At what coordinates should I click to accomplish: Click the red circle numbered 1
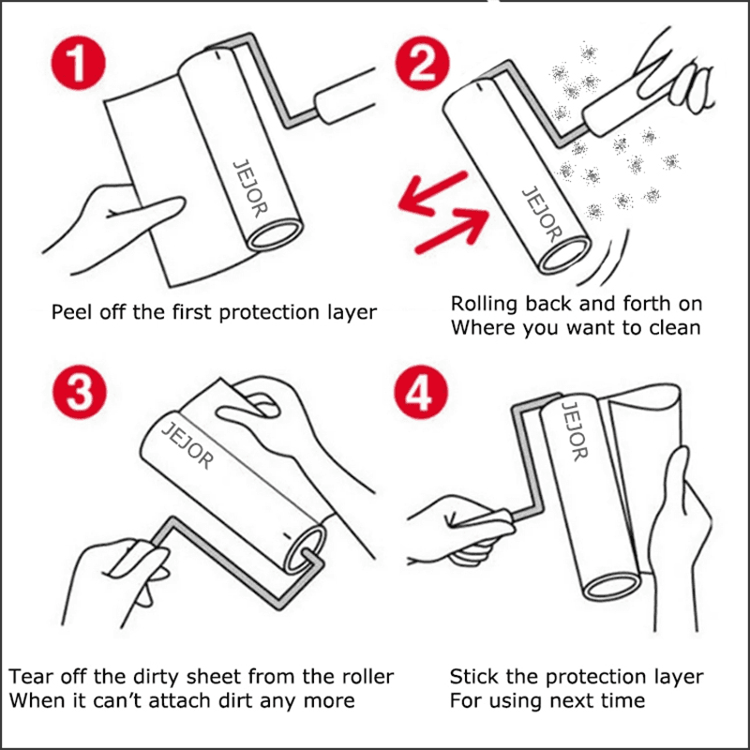(x=78, y=62)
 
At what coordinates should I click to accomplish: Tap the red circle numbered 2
(x=423, y=63)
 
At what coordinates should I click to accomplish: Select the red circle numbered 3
(x=79, y=393)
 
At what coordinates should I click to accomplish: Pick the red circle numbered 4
(x=421, y=393)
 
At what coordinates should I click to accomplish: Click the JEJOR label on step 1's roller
(x=249, y=188)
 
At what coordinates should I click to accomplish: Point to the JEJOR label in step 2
(x=542, y=215)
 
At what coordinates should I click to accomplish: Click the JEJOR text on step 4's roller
(x=574, y=431)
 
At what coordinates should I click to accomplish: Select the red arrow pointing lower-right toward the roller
(x=453, y=232)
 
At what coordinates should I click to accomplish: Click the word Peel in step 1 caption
(x=71, y=312)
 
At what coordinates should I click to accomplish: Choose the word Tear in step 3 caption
(x=29, y=676)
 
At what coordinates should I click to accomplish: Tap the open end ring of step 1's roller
(x=275, y=235)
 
